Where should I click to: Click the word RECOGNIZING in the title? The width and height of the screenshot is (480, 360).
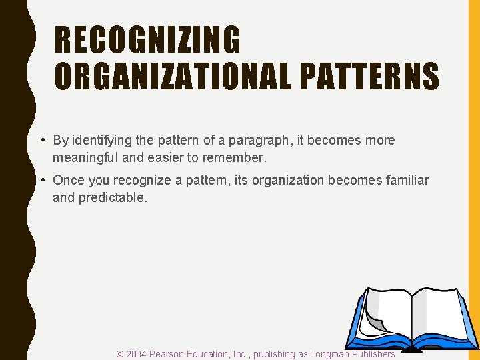(147, 39)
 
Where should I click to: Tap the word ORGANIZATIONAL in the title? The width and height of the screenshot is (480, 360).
(173, 76)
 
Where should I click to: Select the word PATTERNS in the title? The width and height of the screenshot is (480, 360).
(369, 76)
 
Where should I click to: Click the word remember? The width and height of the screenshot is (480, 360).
(238, 157)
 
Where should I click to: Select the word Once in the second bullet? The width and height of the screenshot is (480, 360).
(67, 181)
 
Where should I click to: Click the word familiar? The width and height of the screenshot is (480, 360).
(407, 181)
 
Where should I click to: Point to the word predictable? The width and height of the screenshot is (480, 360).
(113, 198)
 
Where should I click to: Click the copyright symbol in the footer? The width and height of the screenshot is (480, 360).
(120, 354)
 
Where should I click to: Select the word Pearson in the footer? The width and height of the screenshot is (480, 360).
(170, 354)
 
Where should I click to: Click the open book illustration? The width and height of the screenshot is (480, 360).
(411, 319)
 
